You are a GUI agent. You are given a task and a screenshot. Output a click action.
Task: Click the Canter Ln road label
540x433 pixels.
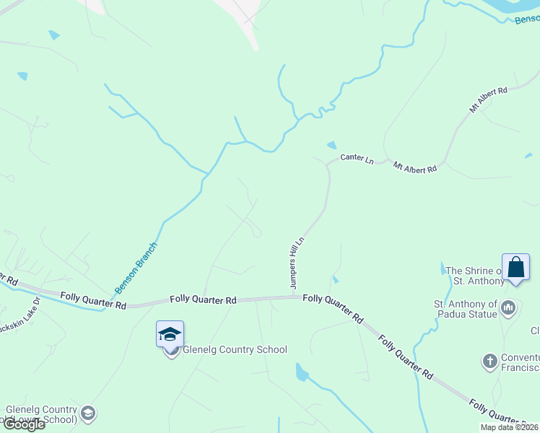[357, 157]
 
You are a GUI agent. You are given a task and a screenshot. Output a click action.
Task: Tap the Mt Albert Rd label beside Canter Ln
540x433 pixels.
[415, 167]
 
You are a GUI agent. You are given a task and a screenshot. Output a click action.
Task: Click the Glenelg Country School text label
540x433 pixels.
[235, 350]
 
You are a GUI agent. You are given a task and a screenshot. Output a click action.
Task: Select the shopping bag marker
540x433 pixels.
[516, 268]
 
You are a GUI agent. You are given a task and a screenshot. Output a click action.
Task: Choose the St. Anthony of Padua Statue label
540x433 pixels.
[465, 309]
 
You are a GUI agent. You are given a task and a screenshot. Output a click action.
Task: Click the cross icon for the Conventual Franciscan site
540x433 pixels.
[489, 360]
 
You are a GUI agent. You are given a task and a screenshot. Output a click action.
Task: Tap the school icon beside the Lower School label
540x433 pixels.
[88, 414]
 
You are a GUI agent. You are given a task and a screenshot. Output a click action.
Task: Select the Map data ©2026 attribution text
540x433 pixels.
[509, 427]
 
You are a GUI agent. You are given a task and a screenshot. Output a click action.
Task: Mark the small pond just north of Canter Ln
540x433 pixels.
[331, 145]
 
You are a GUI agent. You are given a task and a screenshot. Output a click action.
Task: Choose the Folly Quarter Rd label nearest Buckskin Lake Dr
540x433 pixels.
[93, 299]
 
